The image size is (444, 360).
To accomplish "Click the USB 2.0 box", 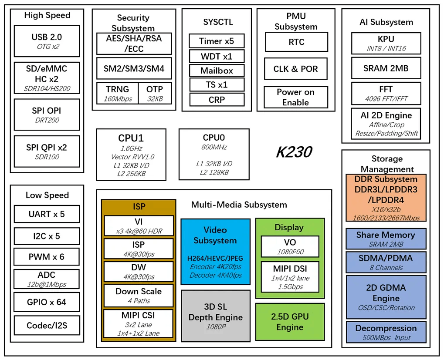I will tap(47, 41).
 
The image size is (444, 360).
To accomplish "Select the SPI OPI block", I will tap(47, 114).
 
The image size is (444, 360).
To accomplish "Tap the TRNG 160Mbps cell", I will tap(117, 93).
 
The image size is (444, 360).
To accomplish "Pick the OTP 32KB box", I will tap(155, 93).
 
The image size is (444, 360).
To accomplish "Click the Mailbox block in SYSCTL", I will tap(217, 71).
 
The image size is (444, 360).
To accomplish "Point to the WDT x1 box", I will tap(217, 56).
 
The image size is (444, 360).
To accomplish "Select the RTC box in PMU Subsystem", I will tap(296, 42).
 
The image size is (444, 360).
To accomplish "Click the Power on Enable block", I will tap(295, 97).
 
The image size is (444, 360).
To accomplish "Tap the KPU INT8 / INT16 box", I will tap(386, 43).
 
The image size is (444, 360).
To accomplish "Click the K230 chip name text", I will tap(294, 152).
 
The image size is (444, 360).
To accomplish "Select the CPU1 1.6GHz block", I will tap(131, 154).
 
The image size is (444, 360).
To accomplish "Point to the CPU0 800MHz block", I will tap(214, 154).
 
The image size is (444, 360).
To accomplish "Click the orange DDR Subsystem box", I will tap(386, 198).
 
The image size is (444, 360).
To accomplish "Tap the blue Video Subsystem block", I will tap(215, 252).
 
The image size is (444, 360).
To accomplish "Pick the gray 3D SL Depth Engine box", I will tap(215, 316).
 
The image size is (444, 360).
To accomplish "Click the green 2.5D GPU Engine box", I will tap(290, 322).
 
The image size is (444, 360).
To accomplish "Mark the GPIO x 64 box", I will tap(47, 302).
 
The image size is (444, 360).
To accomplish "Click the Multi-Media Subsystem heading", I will tap(239, 205).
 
